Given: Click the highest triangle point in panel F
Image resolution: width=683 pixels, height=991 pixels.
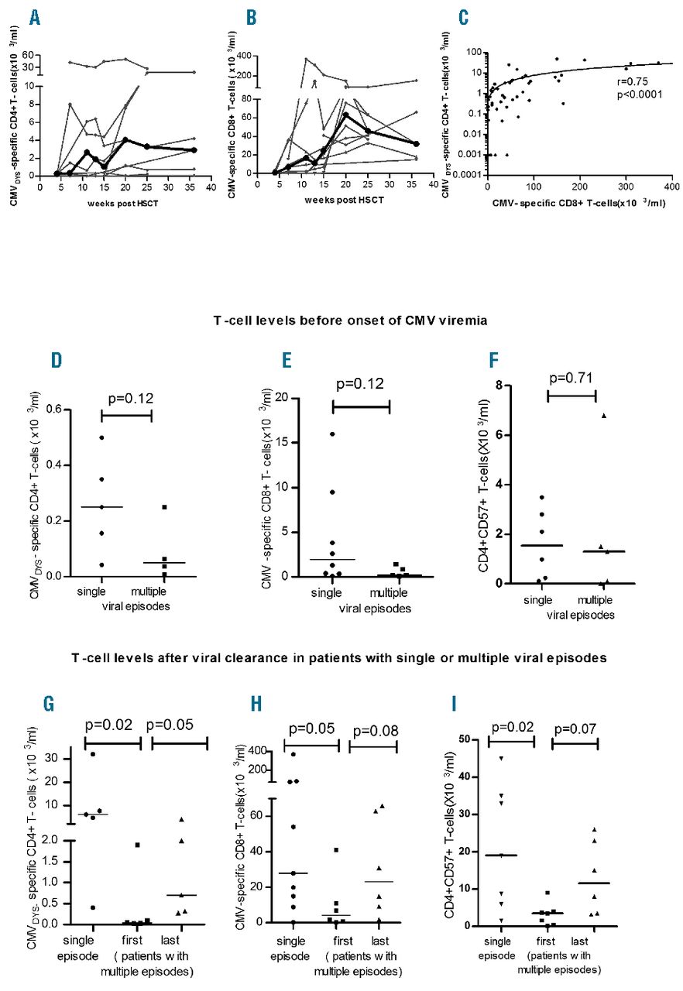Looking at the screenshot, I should [x=603, y=416].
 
